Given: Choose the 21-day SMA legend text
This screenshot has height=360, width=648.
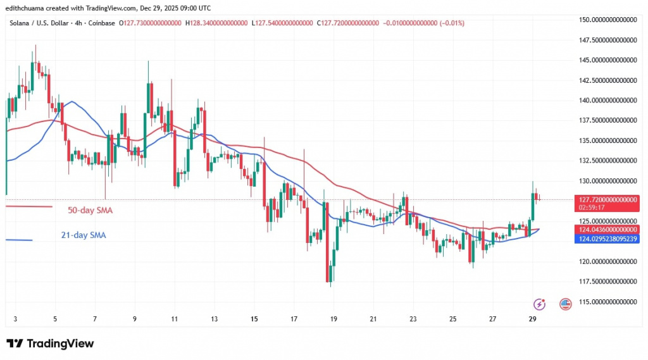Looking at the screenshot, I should (x=84, y=235).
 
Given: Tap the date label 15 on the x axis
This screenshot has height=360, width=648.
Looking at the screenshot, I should (x=254, y=320).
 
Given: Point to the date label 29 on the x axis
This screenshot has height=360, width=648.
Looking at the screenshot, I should (x=532, y=320).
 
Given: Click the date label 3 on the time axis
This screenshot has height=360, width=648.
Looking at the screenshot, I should (x=15, y=320).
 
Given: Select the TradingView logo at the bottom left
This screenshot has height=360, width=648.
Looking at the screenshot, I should (x=50, y=344).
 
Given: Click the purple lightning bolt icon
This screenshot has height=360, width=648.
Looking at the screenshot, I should (x=540, y=304).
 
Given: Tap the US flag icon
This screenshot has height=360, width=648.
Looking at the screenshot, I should (x=566, y=304).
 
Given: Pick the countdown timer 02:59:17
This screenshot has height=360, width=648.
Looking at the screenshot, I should (x=592, y=208).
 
